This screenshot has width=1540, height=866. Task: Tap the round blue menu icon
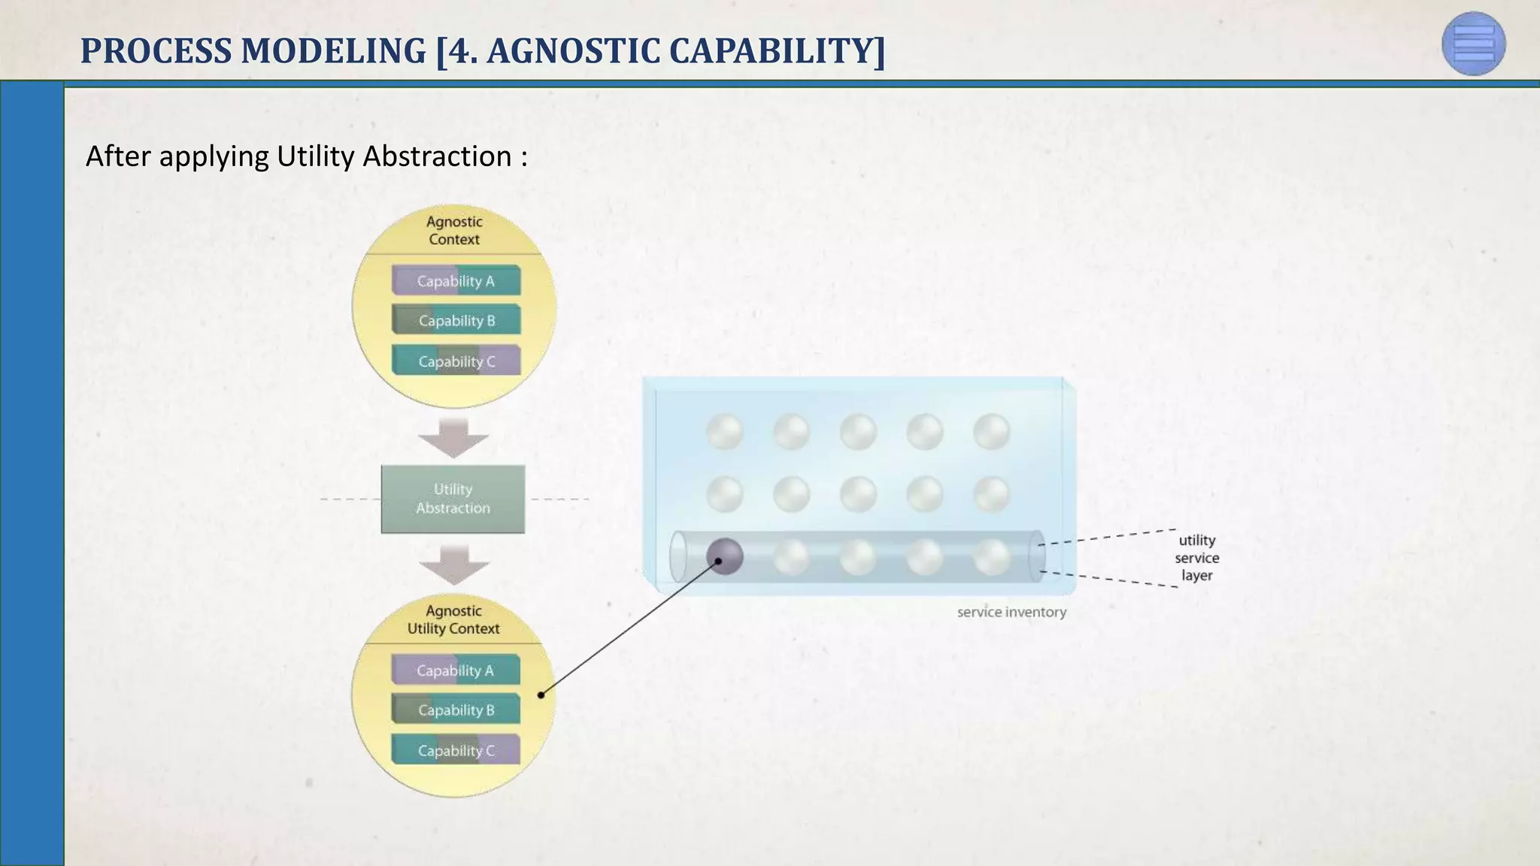tap(1474, 44)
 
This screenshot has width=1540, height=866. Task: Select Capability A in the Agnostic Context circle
tap(456, 281)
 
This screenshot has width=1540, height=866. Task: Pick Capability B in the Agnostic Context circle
tap(456, 321)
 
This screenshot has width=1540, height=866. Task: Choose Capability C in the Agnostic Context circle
tap(456, 362)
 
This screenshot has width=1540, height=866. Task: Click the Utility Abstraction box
tap(453, 499)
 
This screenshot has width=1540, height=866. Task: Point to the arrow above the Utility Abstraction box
tap(453, 438)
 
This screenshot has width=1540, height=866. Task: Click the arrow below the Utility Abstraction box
tap(453, 565)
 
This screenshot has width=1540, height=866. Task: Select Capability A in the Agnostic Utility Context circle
tap(455, 671)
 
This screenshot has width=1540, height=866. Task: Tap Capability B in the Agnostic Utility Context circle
tap(455, 710)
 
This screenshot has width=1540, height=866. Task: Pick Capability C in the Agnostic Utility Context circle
tap(455, 751)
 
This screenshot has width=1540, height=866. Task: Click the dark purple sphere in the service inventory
tap(725, 557)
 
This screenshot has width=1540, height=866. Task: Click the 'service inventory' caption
tap(1011, 613)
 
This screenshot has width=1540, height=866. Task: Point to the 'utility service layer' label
tap(1196, 558)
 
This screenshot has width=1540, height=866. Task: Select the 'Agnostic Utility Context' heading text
tap(453, 620)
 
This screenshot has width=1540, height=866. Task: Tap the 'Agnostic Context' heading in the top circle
tap(454, 231)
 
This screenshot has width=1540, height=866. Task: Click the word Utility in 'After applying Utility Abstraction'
tap(316, 156)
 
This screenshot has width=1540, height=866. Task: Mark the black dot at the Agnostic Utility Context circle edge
tap(541, 695)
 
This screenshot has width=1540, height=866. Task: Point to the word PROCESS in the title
tap(156, 51)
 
